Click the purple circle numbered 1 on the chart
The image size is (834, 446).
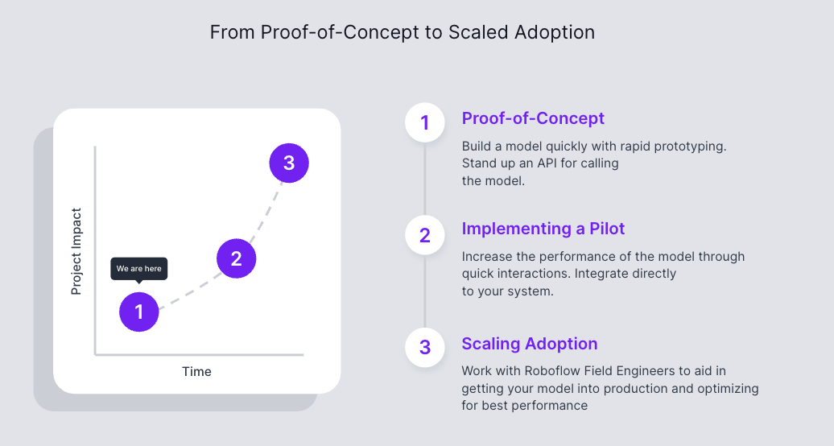(139, 312)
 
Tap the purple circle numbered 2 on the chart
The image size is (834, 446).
(236, 258)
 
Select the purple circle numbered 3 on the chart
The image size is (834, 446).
(289, 163)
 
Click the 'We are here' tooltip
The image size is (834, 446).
(139, 268)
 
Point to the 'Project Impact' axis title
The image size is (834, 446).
(76, 251)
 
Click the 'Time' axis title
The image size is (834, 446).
(196, 371)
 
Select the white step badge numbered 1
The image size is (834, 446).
(425, 123)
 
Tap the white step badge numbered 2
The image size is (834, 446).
(425, 235)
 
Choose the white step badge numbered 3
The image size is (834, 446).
(425, 347)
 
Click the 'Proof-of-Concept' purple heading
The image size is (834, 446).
(533, 118)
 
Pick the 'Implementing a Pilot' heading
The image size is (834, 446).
(543, 229)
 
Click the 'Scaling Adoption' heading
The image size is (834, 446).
(530, 344)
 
